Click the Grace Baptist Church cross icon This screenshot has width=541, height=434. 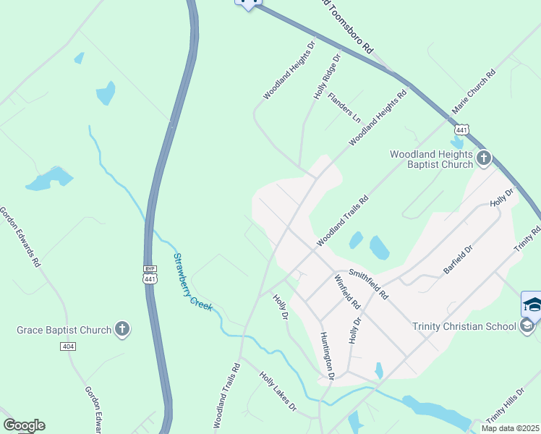[x=122, y=330]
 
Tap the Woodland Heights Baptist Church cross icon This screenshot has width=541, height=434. [x=484, y=157]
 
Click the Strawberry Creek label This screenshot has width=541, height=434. [x=192, y=281]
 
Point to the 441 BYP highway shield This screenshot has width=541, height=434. [x=150, y=274]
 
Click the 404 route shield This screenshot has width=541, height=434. [x=68, y=346]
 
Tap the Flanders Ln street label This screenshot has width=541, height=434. [x=344, y=106]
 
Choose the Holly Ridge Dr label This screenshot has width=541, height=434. [x=327, y=76]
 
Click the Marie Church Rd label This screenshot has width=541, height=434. [x=474, y=91]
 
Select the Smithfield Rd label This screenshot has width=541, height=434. [x=369, y=284]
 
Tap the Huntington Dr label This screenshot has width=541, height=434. [x=327, y=355]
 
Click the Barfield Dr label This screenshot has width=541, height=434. [x=458, y=260]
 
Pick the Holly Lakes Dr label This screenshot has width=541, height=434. [x=278, y=391]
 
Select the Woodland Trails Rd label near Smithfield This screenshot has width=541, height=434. [x=342, y=220]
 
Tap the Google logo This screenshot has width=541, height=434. [x=24, y=425]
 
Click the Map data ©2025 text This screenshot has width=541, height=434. [x=510, y=428]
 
